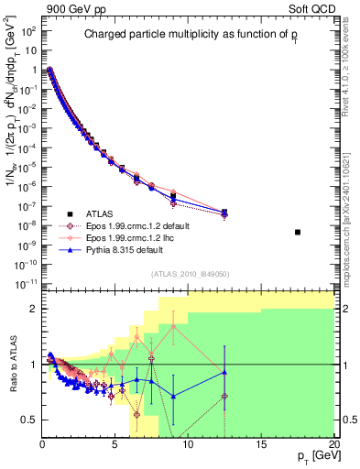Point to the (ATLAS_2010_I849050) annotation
(190, 274)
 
